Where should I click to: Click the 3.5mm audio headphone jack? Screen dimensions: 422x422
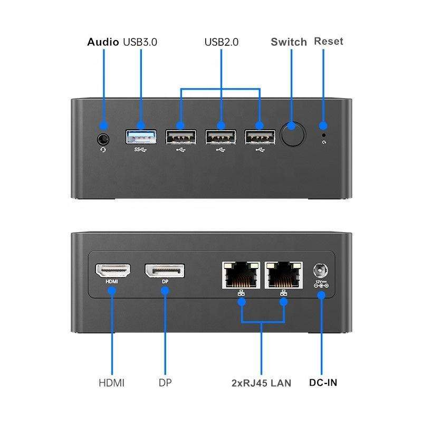(103, 139)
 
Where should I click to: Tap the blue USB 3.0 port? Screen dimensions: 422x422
(141, 137)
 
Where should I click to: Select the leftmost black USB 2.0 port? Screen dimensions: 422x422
(181, 137)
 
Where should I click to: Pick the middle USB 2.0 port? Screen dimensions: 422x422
(220, 137)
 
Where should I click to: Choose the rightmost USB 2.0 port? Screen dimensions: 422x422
(260, 137)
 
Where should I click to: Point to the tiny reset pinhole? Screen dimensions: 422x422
(324, 136)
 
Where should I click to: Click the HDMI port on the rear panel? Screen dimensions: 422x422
(113, 271)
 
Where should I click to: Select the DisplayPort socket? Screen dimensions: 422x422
(165, 271)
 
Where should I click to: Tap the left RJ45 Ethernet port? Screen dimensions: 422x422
(241, 275)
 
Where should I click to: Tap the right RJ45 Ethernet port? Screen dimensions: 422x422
(284, 275)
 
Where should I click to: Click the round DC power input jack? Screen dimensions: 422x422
(321, 270)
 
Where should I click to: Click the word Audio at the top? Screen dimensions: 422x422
(103, 42)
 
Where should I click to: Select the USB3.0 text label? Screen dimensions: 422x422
(140, 42)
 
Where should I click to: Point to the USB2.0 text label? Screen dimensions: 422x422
(221, 42)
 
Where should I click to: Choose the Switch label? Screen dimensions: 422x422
(289, 42)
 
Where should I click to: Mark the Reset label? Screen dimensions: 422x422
(329, 41)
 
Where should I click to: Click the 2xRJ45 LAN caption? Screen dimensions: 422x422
(261, 383)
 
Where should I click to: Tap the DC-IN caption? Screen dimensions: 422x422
(323, 382)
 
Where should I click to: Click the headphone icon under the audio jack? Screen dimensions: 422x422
(103, 150)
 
